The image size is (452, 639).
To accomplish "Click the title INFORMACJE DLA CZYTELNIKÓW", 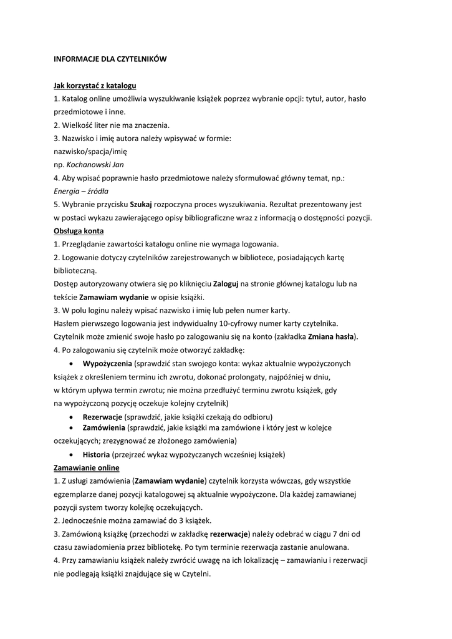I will point(110,59).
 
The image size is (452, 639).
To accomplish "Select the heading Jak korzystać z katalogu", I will point(95,85).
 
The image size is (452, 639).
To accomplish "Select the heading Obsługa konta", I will point(79,230).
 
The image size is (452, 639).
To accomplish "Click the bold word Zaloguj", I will point(226,283).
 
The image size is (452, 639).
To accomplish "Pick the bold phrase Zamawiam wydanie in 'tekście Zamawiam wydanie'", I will point(113,296).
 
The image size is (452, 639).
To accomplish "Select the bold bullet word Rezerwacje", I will point(102,416).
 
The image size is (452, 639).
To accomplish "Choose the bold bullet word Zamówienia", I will point(104,427).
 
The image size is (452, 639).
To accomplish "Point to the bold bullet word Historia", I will point(96,454).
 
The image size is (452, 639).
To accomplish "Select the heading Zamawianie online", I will point(87,467).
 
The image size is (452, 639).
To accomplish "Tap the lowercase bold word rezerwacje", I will point(229,534).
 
